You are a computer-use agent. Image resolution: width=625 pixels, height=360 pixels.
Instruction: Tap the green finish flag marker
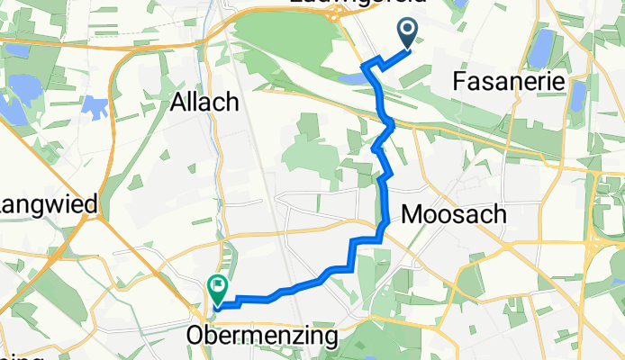[x=218, y=288]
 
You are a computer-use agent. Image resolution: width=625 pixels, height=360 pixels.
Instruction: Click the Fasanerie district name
[x=511, y=81]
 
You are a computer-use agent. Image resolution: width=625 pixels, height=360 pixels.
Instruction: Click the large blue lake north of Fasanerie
[x=541, y=49]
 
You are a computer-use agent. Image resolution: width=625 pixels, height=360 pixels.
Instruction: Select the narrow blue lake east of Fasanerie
[x=577, y=94]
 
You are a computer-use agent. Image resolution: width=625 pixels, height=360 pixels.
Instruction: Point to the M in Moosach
[x=411, y=215]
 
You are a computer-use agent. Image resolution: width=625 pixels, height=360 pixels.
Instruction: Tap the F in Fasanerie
[x=463, y=81]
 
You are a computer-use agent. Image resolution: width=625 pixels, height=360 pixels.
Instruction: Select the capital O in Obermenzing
[x=195, y=337]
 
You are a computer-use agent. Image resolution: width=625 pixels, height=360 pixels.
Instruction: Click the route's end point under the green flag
[x=218, y=306]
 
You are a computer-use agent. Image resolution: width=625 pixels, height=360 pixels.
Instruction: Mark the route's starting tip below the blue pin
[x=408, y=50]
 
